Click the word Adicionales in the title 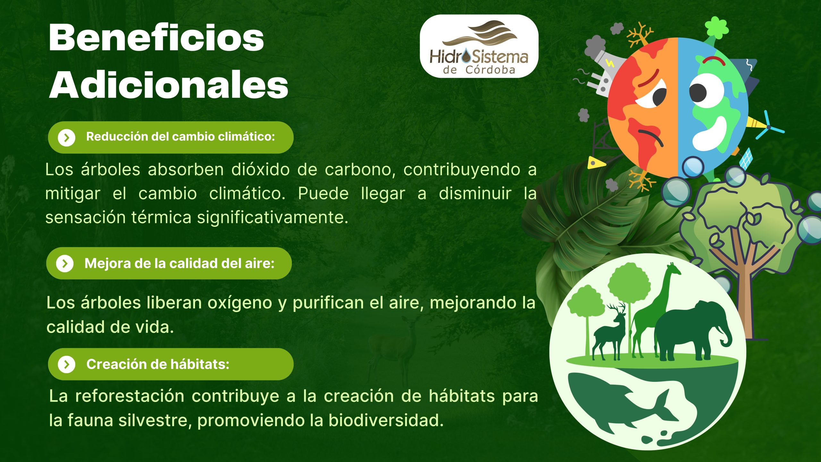click(x=169, y=84)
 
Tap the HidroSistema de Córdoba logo click(x=479, y=46)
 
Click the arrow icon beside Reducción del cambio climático click(x=66, y=138)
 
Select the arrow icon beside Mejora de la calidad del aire click(x=65, y=264)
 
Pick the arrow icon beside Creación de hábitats click(x=66, y=364)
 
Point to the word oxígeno click(x=240, y=304)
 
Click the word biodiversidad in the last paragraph click(x=386, y=420)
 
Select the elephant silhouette click(x=693, y=330)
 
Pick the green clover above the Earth click(x=717, y=27)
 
